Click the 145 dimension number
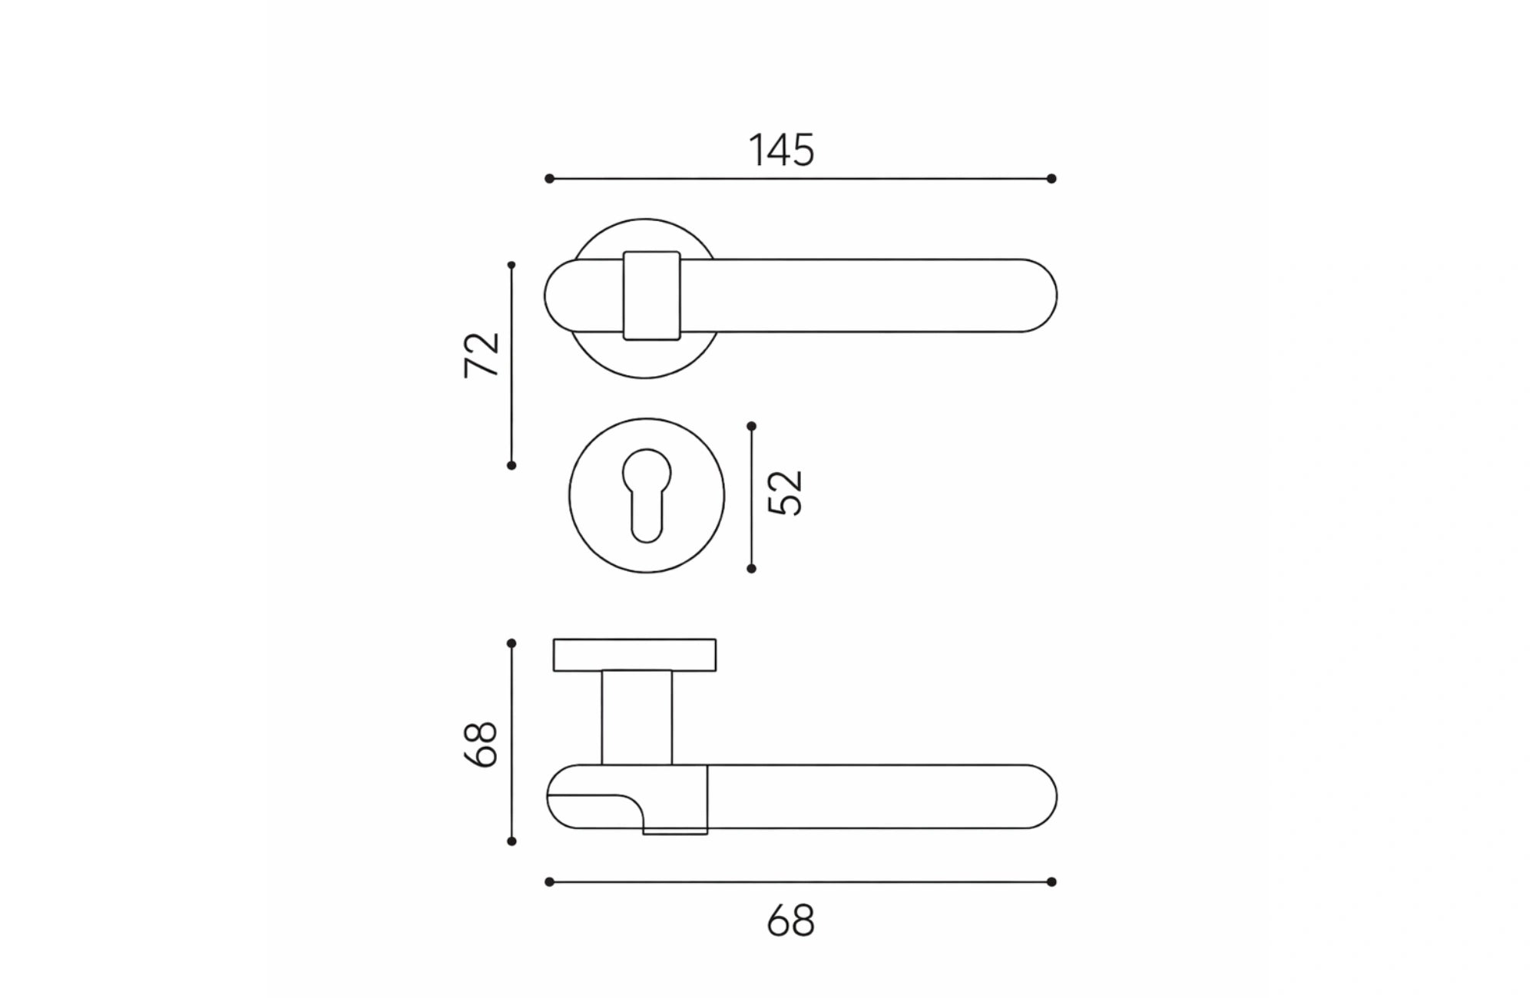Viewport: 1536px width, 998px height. (x=781, y=150)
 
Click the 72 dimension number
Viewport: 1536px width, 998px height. (x=482, y=355)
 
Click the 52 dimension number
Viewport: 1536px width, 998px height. (x=785, y=493)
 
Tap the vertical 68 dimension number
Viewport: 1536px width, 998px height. (x=482, y=744)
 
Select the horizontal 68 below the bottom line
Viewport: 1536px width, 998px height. (x=790, y=920)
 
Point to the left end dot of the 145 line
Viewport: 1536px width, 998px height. (x=549, y=179)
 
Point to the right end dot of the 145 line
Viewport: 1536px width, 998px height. (x=1051, y=179)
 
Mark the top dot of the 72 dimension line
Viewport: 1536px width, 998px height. (x=511, y=265)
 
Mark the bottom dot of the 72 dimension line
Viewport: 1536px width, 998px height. (x=511, y=465)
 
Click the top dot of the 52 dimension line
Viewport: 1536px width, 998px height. (x=751, y=426)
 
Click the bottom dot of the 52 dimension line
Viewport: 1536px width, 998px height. (x=751, y=569)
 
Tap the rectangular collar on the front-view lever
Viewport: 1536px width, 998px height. (x=651, y=296)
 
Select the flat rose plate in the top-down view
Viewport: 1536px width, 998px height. (x=634, y=655)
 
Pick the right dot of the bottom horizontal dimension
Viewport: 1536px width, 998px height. (x=1051, y=882)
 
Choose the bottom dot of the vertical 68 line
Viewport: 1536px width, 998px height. (x=511, y=841)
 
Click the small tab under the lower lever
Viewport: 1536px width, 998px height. (x=674, y=831)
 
